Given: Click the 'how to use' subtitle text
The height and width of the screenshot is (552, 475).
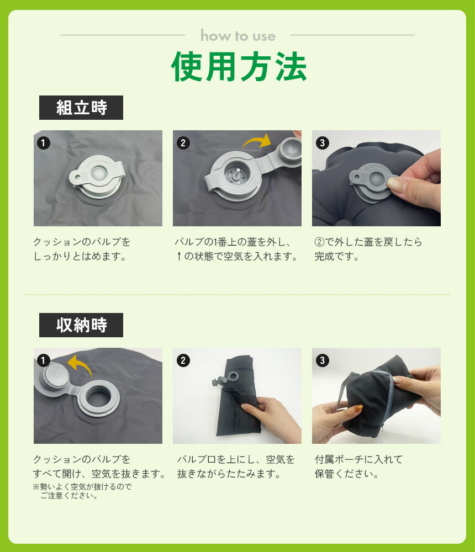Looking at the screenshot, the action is coord(238,35).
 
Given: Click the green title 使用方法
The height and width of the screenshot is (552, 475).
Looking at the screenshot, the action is coord(239,66).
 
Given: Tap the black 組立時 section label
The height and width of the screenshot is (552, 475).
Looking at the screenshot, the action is coord(81,108).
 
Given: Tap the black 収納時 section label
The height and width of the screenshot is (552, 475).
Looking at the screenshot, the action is coord(81,325).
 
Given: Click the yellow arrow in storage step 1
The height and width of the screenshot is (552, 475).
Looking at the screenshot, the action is coord(80,365).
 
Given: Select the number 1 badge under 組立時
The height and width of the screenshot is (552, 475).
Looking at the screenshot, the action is coord(43,143).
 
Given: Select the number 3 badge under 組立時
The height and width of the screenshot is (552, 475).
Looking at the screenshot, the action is coord(322,143).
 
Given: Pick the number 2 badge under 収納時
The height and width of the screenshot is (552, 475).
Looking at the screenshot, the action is coord(183,360).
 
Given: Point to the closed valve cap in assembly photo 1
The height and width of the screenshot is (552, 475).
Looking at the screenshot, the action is coord(97,173).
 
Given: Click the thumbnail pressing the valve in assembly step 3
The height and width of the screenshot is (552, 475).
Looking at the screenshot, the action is coord(395,183).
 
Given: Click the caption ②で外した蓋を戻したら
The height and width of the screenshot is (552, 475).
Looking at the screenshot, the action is coord(368,242).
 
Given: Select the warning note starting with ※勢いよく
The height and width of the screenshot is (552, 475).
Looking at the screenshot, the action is coord(82,491).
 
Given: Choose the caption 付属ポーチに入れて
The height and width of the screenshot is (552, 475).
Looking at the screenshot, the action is coord(358,459).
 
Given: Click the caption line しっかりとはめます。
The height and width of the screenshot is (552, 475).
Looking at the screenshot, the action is coord(80,256).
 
